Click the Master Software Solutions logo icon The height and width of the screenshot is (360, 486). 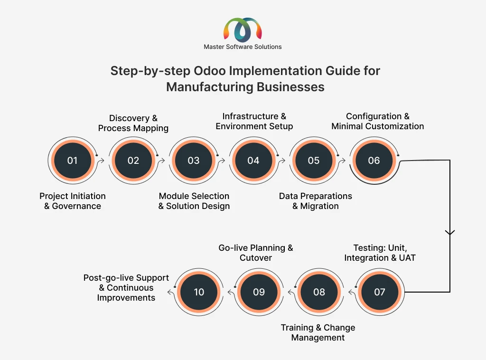(243, 30)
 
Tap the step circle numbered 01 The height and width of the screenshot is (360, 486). (72, 161)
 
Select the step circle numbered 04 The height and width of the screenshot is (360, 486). (253, 161)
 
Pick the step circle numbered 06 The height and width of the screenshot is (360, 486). (374, 161)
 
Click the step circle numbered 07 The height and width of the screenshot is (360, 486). (380, 292)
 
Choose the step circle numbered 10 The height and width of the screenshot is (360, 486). (199, 292)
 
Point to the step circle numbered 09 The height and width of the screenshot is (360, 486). (259, 292)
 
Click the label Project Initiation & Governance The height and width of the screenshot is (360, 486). (73, 201)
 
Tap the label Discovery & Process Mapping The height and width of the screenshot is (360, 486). (133, 123)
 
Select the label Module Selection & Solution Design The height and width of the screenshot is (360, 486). (194, 201)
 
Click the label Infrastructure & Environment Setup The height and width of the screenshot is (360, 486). (254, 121)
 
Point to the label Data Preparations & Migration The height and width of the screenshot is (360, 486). (316, 201)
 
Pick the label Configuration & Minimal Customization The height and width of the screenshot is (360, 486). (378, 121)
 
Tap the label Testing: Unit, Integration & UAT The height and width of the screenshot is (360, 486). (379, 253)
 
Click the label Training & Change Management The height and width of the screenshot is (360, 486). (318, 332)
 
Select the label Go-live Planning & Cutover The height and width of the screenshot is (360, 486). (256, 253)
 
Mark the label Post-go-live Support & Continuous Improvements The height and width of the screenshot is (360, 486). (126, 287)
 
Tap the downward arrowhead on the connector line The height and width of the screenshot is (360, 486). (450, 233)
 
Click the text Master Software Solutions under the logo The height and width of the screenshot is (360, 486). (243, 47)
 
